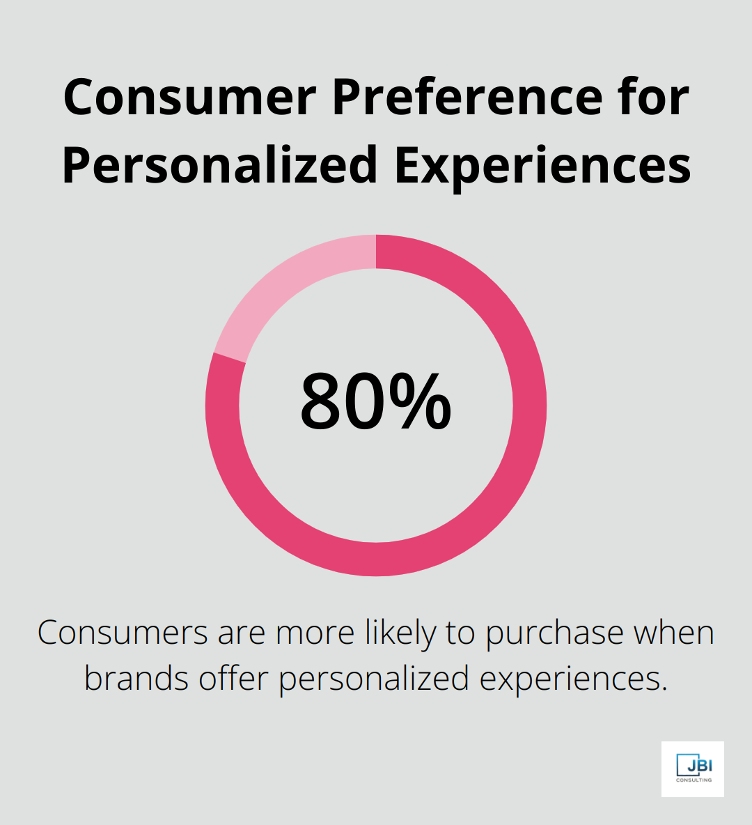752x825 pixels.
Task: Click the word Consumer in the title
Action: [190, 98]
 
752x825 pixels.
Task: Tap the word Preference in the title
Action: [467, 98]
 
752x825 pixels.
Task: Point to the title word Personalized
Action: [219, 165]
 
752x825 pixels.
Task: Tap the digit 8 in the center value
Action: [323, 402]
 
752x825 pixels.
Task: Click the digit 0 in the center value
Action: [366, 402]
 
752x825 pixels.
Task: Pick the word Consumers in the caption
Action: [123, 633]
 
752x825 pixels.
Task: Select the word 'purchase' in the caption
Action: [554, 634]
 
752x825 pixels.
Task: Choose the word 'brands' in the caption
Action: [136, 678]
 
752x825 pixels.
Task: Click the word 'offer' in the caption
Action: [234, 678]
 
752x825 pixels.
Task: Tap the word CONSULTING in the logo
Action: [694, 780]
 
